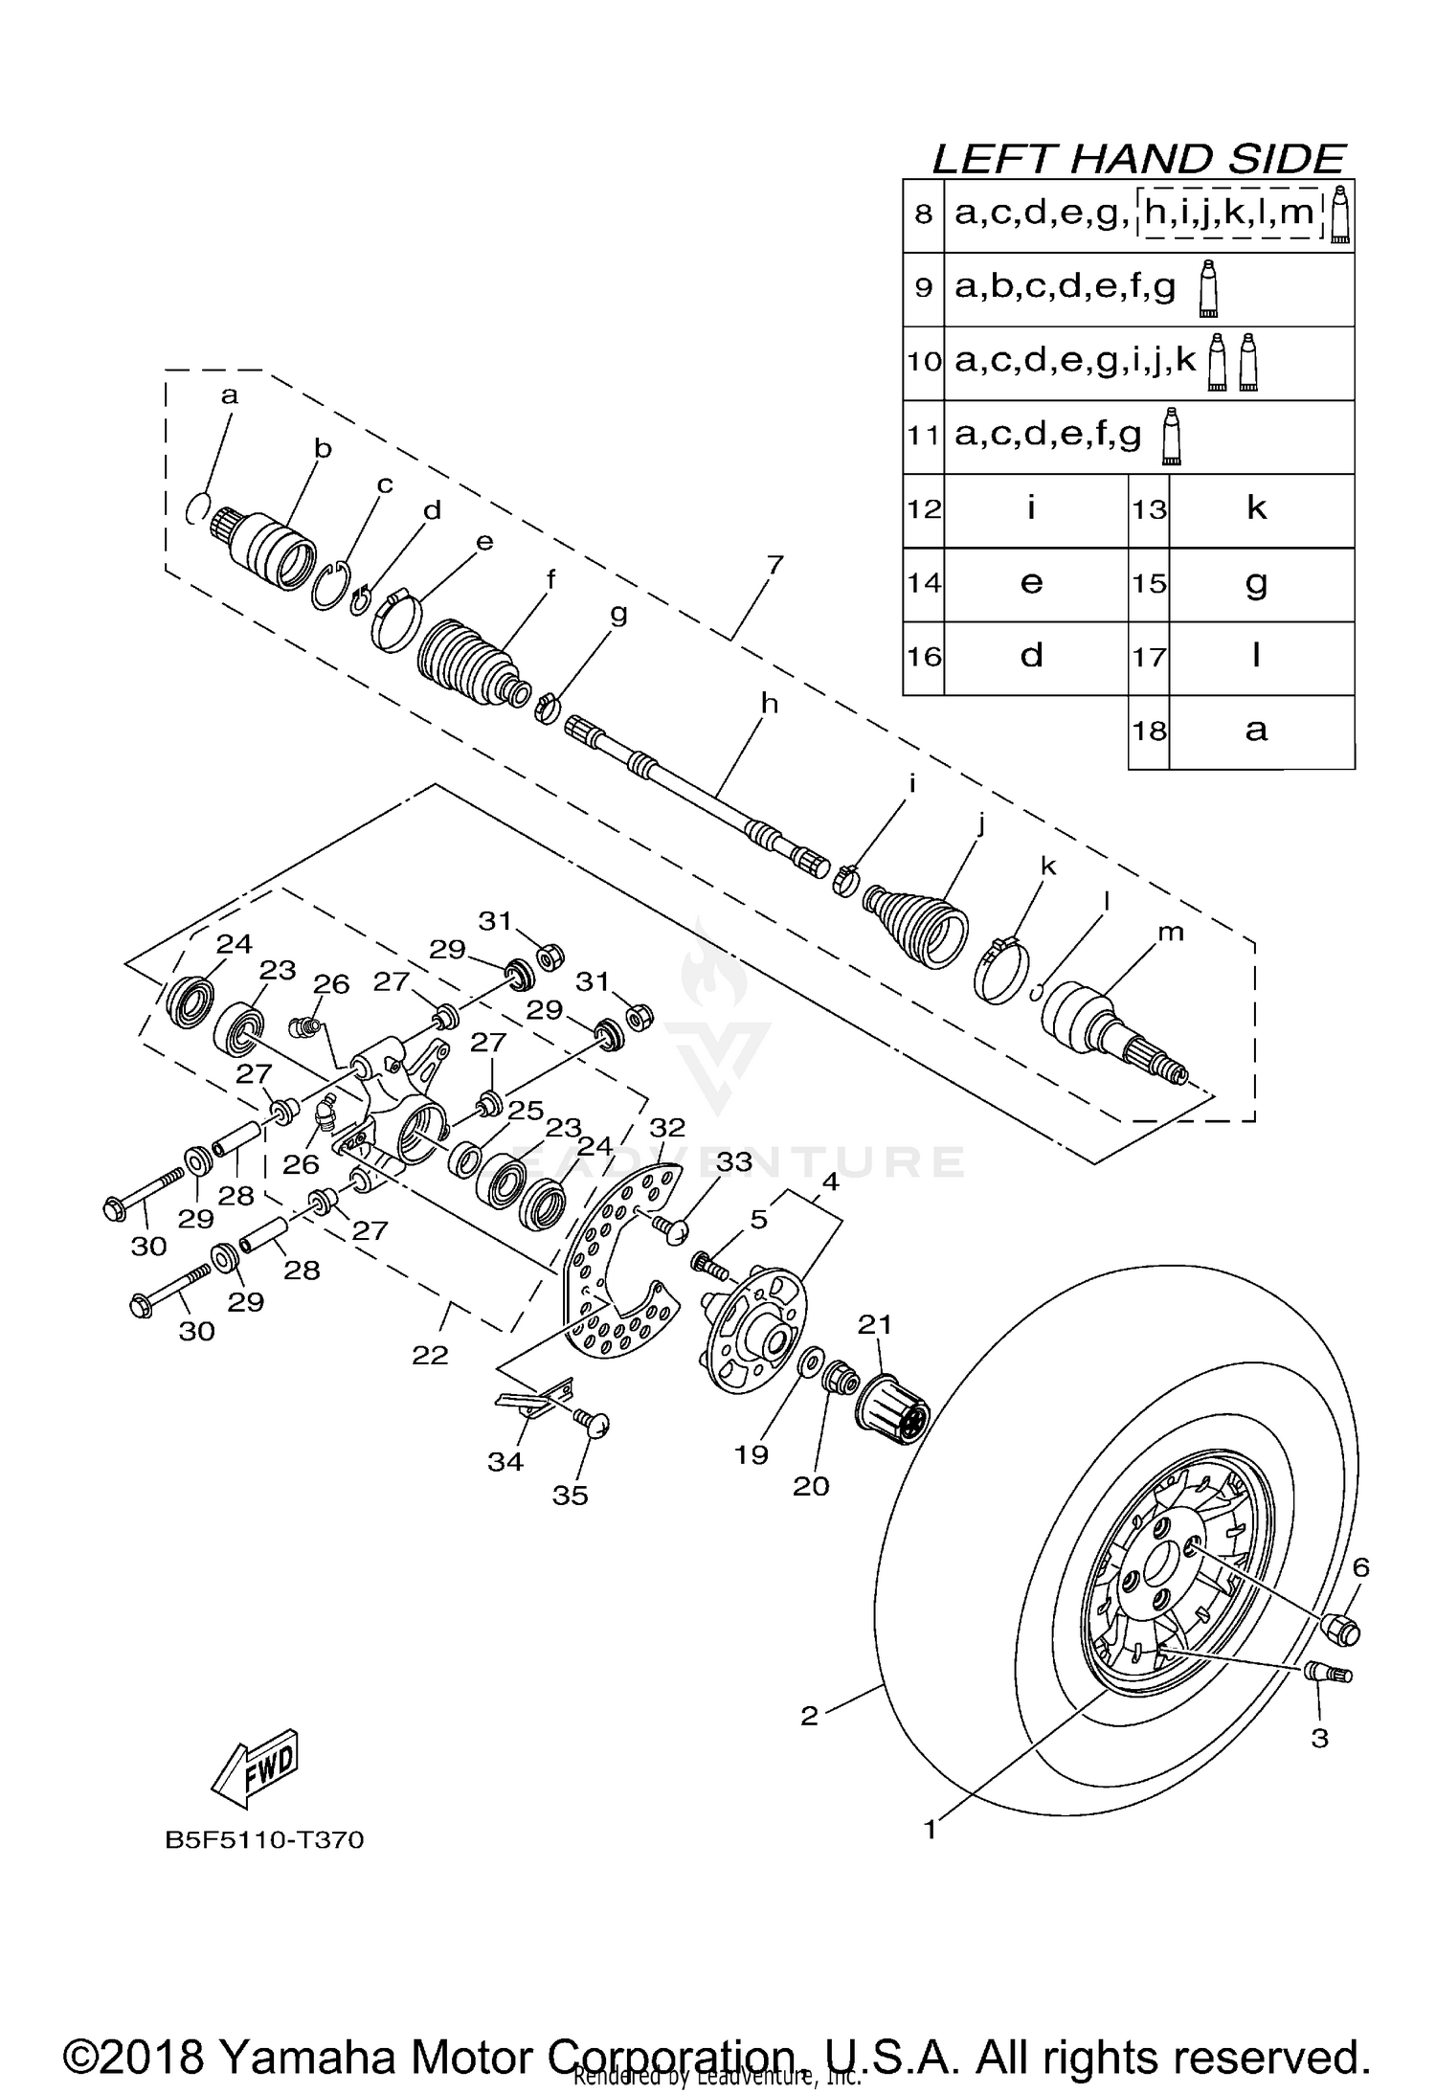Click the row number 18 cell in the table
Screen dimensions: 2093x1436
pos(1149,731)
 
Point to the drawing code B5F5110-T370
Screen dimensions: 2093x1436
pos(264,1867)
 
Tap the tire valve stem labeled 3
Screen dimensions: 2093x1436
pos(1328,1672)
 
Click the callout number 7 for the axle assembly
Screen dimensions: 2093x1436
pos(774,565)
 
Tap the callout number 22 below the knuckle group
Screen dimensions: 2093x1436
pos(430,1356)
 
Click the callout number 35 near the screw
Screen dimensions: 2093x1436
pos(571,1496)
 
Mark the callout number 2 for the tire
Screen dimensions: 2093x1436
pos(810,1716)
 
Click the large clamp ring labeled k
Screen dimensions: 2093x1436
pos(1000,972)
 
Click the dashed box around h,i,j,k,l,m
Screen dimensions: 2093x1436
pos(1229,213)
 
